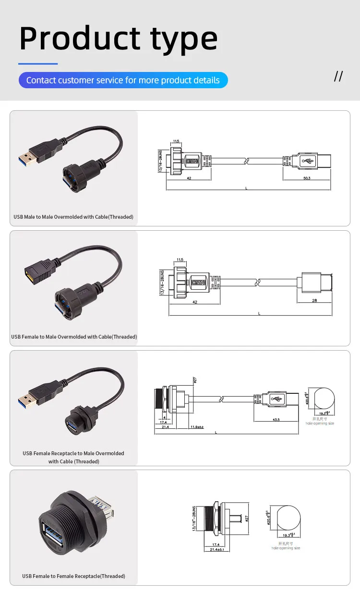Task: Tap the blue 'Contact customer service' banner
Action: click(x=123, y=80)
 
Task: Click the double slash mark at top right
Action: click(x=338, y=76)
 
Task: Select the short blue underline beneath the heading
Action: click(x=38, y=63)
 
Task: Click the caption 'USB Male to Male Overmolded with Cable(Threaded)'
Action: click(x=73, y=217)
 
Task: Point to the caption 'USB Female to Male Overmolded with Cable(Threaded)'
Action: click(x=74, y=337)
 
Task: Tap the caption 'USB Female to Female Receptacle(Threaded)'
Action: click(x=73, y=576)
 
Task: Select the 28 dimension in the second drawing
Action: click(x=314, y=301)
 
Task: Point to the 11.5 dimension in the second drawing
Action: click(x=180, y=260)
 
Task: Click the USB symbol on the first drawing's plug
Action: click(x=308, y=160)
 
